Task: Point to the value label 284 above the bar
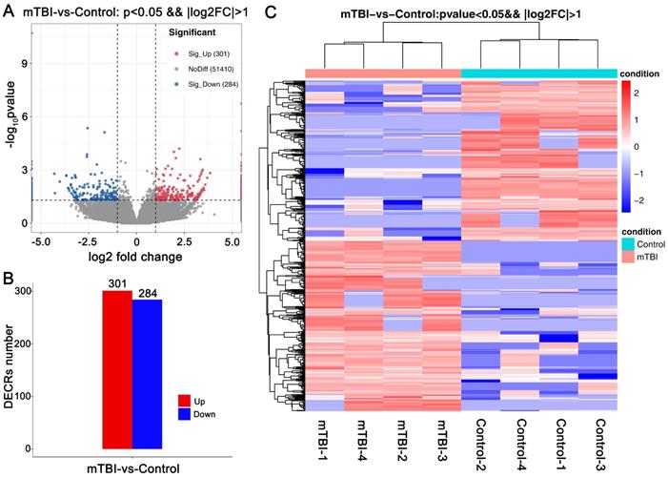(147, 292)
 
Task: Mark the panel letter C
(270, 10)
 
